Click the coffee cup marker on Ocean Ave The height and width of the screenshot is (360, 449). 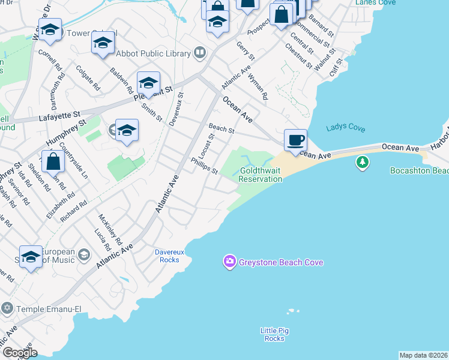295,140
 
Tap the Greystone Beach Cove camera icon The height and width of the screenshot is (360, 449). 229,262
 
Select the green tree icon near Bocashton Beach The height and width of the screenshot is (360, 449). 362,162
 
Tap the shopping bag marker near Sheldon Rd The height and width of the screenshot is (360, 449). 54,161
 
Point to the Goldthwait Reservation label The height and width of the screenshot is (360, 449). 261,175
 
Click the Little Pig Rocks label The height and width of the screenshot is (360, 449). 274,334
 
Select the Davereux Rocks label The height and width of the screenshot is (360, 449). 167,256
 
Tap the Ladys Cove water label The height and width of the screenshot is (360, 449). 345,128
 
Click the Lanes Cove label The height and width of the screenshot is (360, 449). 375,3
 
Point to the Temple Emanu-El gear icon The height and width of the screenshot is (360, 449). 7,308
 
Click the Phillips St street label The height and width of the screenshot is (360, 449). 204,166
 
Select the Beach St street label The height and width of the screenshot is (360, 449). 221,128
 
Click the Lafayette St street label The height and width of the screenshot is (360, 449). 59,114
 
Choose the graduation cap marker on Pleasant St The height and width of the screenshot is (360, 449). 148,83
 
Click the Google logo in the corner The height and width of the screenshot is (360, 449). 19,352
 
